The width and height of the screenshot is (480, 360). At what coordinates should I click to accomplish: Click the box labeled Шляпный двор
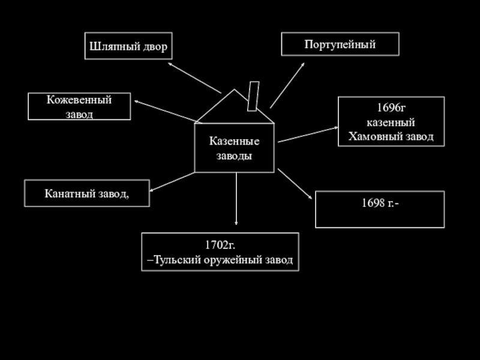point(128,46)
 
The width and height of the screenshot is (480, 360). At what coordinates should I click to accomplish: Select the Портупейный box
point(340,44)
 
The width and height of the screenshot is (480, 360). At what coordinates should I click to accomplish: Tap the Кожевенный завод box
point(79,106)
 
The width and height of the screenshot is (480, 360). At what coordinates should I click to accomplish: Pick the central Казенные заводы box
point(234,148)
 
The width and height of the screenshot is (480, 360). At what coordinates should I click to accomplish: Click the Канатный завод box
point(86,193)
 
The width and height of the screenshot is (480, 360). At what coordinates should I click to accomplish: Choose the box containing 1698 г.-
point(380,209)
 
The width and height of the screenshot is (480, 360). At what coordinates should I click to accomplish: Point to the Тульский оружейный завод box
point(220,252)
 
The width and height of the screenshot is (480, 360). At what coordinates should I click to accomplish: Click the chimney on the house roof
point(253,96)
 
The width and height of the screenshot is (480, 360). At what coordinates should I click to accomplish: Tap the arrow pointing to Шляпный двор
point(194,77)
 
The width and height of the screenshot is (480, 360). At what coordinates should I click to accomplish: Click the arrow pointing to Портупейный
point(287,83)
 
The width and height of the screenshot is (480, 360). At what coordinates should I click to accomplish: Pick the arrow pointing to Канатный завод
point(172,182)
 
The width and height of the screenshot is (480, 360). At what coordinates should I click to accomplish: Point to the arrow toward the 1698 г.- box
point(295,183)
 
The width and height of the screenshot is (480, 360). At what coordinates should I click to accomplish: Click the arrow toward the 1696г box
point(306,134)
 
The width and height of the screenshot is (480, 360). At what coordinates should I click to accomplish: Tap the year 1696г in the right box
point(391,109)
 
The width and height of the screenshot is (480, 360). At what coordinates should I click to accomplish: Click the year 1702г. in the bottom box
point(220,244)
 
